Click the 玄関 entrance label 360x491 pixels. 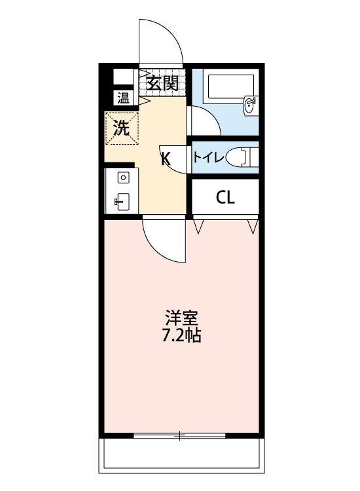[x=162, y=83]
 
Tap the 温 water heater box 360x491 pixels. [x=122, y=98]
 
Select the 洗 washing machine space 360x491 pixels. [x=122, y=128]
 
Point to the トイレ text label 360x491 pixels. [x=209, y=157]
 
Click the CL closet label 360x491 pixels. [x=225, y=198]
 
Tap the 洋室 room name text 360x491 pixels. [x=181, y=319]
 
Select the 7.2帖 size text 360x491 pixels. [x=181, y=336]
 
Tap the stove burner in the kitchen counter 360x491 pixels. [x=122, y=177]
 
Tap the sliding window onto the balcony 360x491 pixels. [x=180, y=434]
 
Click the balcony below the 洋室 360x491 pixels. [x=181, y=455]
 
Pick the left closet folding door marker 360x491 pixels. [x=200, y=227]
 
